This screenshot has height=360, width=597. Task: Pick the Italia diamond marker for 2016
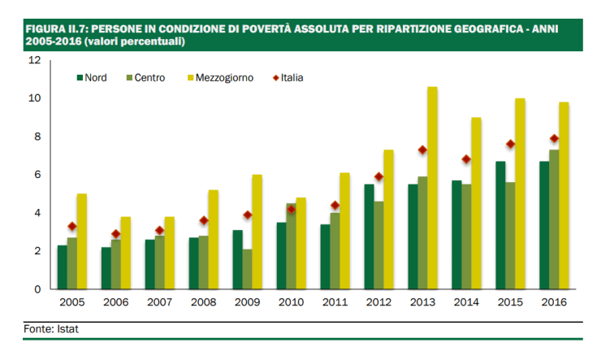pos(554,138)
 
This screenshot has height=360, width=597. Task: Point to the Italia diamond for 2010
pos(291,209)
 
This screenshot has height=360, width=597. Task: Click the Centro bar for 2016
pos(554,219)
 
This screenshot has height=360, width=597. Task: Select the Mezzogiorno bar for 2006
pos(125,253)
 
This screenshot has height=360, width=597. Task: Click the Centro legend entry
pos(147,78)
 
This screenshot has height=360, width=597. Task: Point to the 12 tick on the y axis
pos(34,60)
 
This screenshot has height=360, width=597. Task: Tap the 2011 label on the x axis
pos(335,301)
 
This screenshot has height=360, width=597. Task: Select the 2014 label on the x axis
pos(466,301)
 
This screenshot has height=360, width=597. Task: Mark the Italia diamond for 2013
pos(422,150)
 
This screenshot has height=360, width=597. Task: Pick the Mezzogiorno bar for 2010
pos(301,243)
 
